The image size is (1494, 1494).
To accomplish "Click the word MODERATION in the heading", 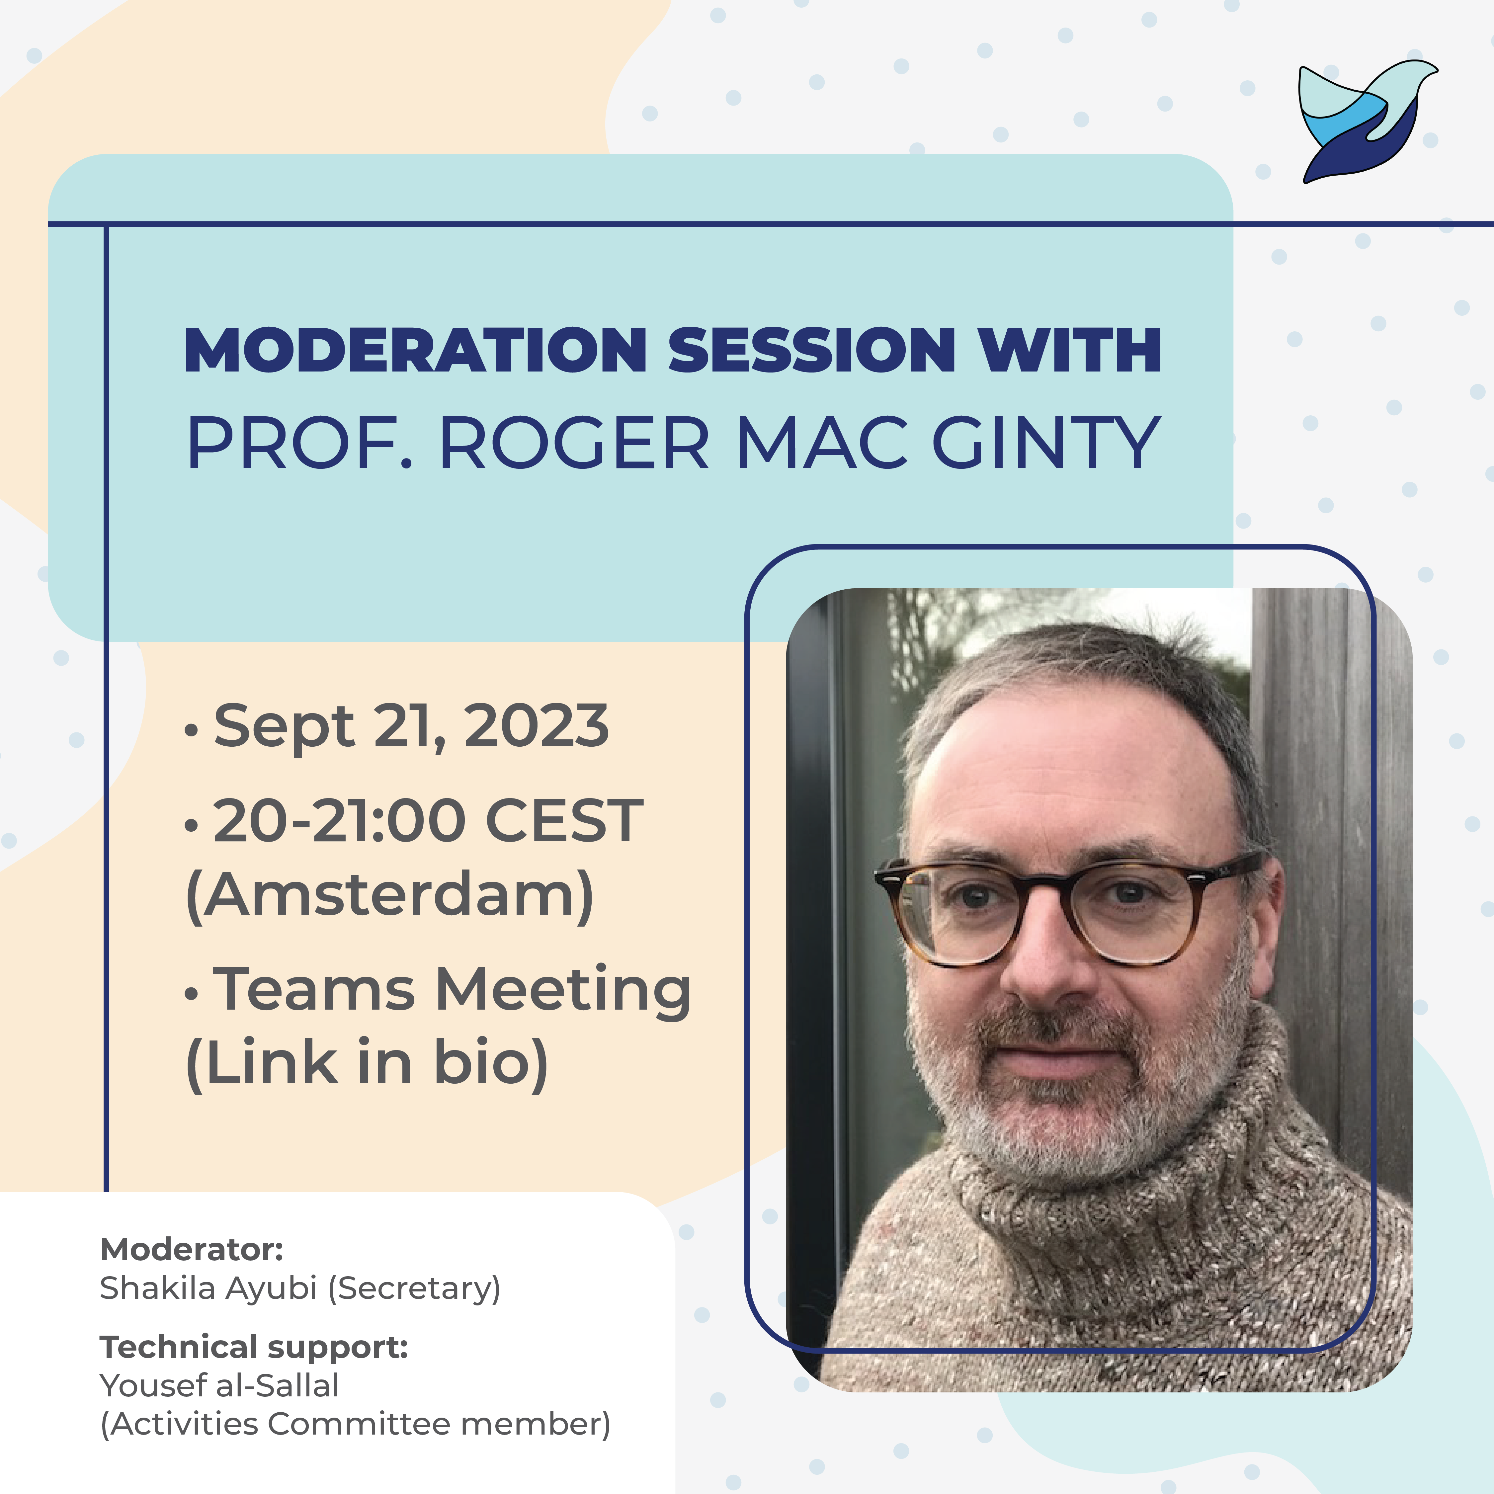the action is (x=416, y=350).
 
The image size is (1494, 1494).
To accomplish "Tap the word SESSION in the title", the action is (x=812, y=350).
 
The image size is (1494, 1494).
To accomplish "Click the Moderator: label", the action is (x=192, y=1249).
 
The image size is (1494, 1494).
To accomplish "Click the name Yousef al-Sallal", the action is (x=219, y=1386).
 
